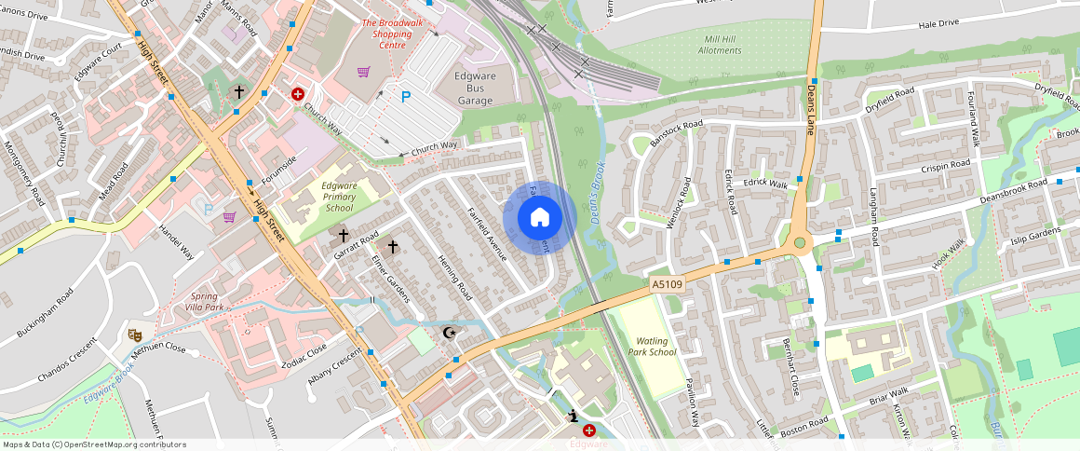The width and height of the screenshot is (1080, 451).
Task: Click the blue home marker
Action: click(539, 218)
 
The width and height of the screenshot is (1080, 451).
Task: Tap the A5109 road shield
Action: click(667, 283)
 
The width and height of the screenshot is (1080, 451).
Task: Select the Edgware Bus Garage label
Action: click(480, 88)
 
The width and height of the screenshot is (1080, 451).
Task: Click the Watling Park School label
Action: click(650, 347)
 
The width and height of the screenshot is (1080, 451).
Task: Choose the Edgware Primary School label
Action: click(339, 197)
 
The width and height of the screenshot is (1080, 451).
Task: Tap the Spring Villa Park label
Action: click(204, 301)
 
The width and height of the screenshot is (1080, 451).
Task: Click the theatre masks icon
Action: click(135, 333)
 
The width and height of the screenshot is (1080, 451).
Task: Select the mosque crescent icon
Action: click(451, 333)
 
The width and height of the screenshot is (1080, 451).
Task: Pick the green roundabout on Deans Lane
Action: click(800, 244)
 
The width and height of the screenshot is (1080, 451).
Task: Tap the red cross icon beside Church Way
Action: click(298, 94)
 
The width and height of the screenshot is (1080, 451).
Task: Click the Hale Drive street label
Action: click(938, 23)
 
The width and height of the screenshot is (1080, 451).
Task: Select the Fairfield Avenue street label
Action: click(485, 232)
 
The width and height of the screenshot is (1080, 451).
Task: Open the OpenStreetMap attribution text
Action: click(94, 444)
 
